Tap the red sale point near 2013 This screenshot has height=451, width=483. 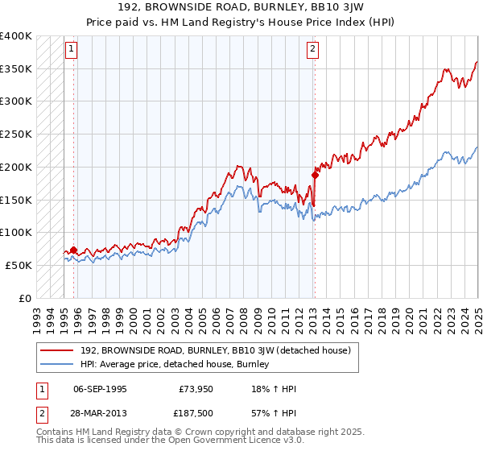tap(315, 174)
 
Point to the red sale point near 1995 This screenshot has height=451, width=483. tap(74, 250)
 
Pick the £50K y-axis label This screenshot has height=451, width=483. tap(19, 265)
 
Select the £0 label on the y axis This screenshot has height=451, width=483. tap(25, 298)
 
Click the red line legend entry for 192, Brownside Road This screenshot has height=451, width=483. tap(216, 350)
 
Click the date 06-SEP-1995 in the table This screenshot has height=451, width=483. tap(100, 389)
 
